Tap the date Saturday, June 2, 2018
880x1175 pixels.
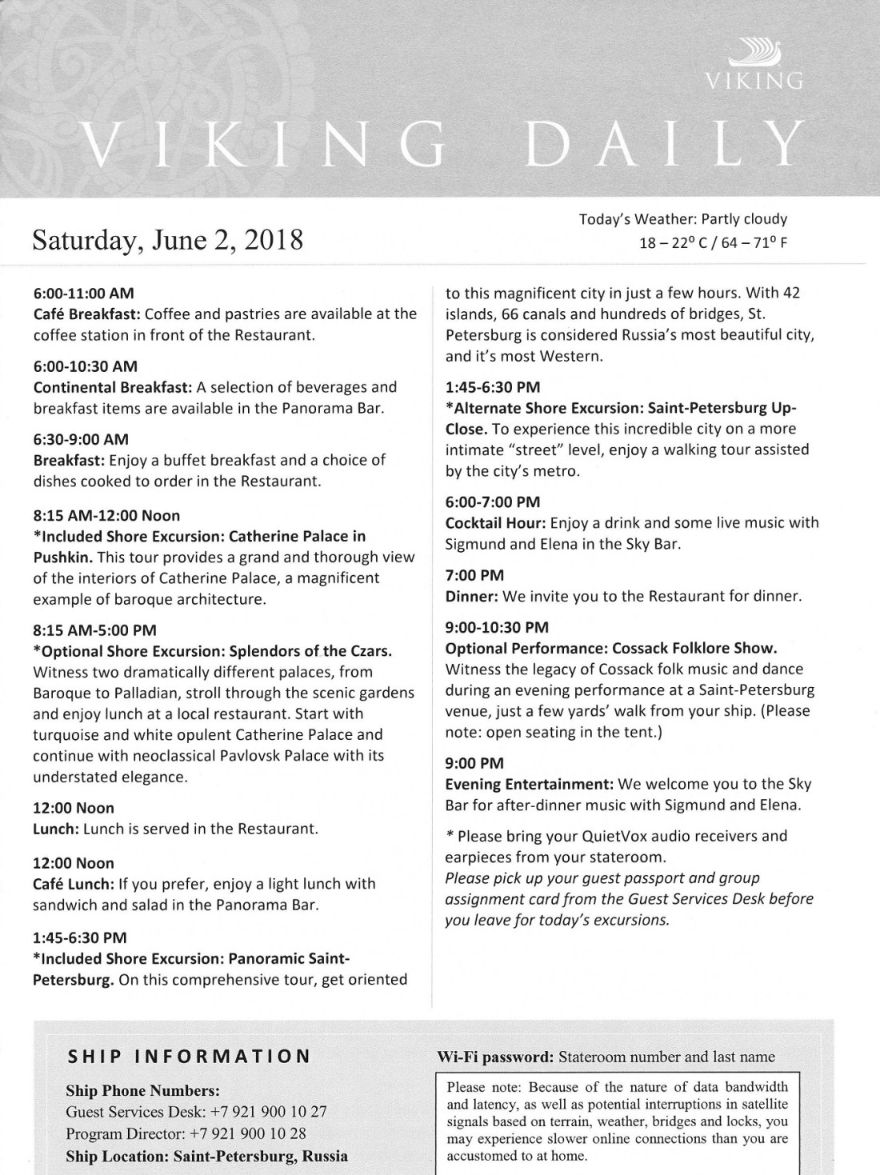coord(167,239)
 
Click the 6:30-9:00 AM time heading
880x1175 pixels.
coord(81,439)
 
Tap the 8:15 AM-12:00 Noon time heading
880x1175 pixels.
coord(106,515)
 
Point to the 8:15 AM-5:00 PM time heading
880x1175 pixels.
coord(94,630)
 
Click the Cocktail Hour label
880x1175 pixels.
coord(495,523)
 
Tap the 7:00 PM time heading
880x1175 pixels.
coord(474,575)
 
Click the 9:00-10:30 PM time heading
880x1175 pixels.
coord(497,627)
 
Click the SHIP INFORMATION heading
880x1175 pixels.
coord(188,1056)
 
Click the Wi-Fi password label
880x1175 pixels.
coord(495,1057)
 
